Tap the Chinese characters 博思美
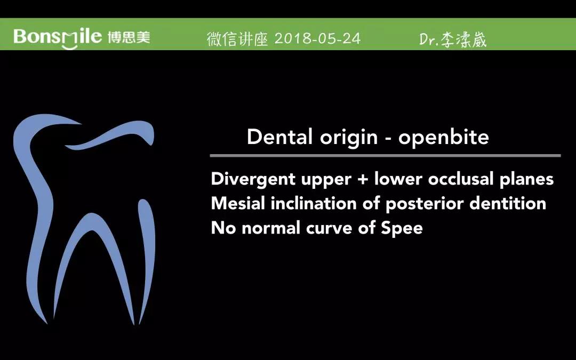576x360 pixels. click(x=129, y=37)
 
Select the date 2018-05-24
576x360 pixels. click(x=317, y=38)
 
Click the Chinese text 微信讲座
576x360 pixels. click(x=237, y=39)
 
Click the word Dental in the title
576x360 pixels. click(x=280, y=137)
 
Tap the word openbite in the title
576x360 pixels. click(x=444, y=137)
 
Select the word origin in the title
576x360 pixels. click(x=349, y=138)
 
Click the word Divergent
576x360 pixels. click(x=253, y=179)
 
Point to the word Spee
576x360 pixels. click(x=402, y=228)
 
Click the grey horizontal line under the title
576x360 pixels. click(x=386, y=156)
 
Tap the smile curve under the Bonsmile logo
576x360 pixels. click(x=69, y=46)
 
